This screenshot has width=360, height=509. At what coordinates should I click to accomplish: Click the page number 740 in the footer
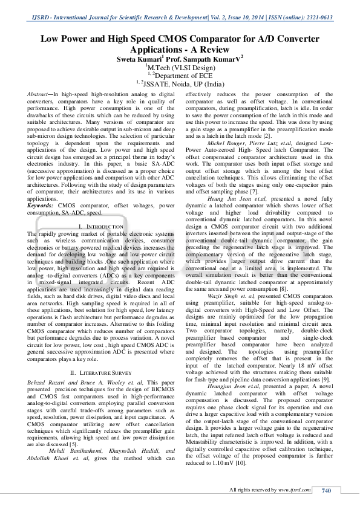pyautogui.click(x=326, y=490)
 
